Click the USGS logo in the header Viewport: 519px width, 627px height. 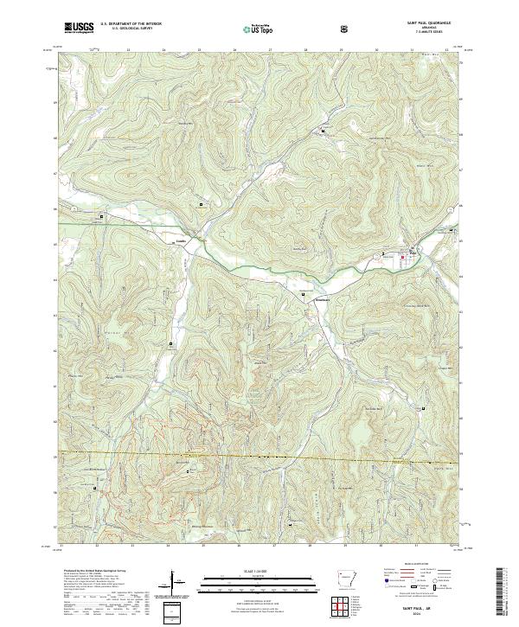79,29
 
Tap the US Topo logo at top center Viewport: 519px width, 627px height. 253,29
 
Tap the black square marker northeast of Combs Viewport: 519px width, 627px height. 202,204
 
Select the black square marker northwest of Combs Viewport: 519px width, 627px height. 101,216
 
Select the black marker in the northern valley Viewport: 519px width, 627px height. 324,131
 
